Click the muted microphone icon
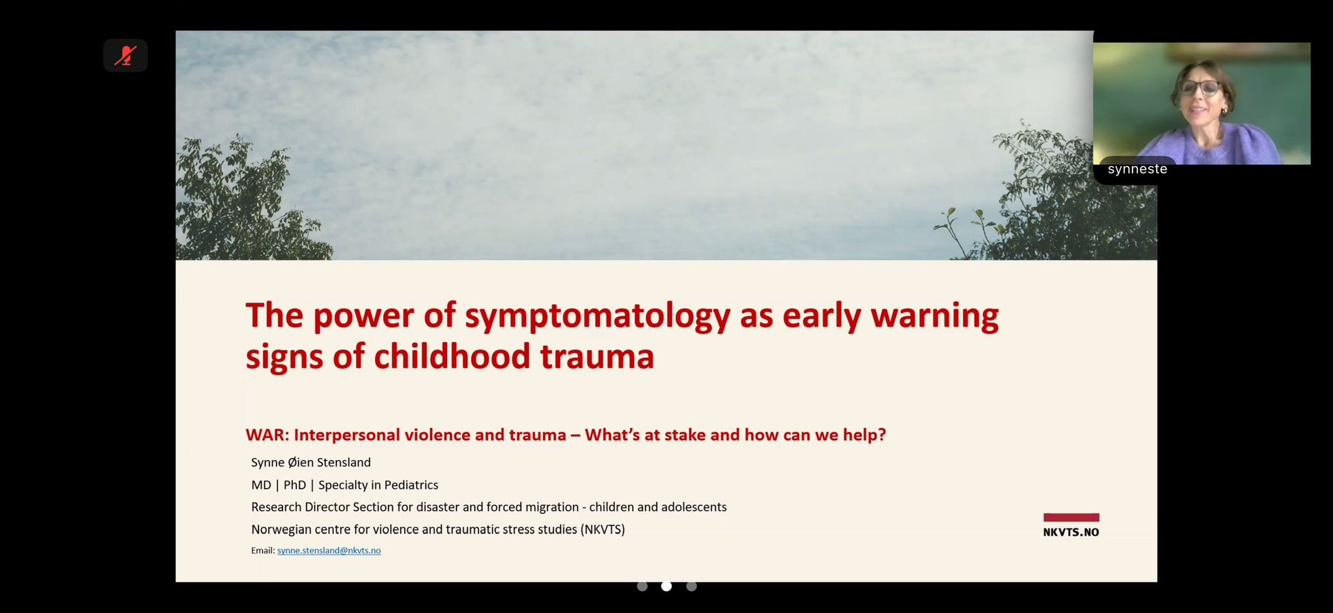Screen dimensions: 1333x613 pos(125,55)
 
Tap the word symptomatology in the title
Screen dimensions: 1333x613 pos(598,317)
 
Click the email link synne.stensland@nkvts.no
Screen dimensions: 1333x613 pos(329,551)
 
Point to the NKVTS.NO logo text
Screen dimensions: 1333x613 pos(1071,532)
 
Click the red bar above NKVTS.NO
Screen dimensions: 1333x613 pos(1071,517)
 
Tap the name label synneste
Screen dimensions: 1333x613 pos(1137,169)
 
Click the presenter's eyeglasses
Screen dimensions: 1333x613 pos(1199,88)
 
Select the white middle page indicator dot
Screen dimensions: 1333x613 pos(666,586)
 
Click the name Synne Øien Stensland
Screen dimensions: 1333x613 pos(311,463)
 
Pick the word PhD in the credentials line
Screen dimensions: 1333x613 pos(295,485)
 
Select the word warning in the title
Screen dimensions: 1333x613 pos(935,317)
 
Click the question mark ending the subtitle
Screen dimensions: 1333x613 pos(882,435)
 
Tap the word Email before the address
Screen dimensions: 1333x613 pos(262,551)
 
